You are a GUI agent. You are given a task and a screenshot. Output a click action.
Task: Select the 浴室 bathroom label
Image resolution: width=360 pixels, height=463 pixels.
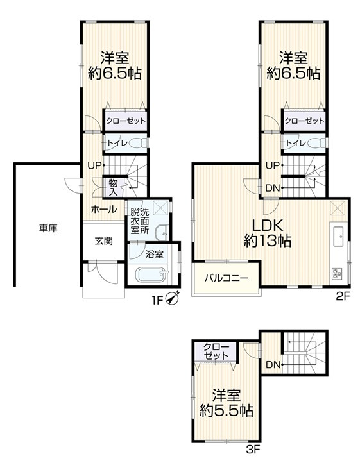[154, 255]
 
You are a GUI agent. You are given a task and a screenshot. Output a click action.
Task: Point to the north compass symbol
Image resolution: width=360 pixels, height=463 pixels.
[172, 298]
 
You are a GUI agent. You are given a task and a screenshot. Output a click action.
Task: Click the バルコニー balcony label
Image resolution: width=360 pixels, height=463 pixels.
[227, 278]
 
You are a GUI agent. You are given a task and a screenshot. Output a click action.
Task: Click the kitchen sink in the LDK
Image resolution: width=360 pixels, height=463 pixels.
[338, 235]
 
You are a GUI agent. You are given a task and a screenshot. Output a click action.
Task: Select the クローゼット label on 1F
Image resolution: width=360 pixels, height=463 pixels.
[126, 121]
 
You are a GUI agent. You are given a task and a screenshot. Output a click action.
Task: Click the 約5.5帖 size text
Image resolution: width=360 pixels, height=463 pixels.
[226, 410]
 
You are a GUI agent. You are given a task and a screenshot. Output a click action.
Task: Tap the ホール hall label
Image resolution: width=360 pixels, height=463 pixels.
[104, 209]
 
